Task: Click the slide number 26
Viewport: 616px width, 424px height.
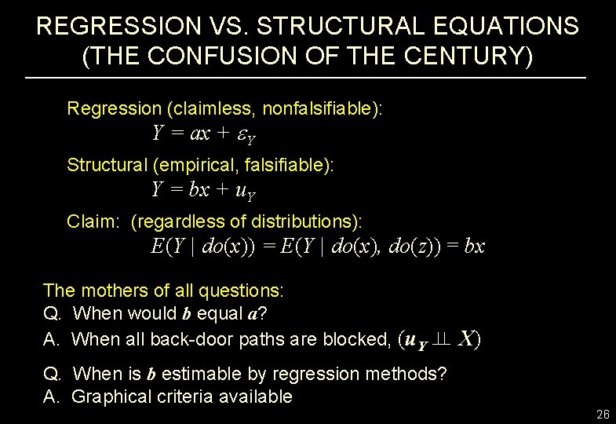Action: (x=603, y=413)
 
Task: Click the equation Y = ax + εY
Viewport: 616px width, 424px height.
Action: (x=204, y=134)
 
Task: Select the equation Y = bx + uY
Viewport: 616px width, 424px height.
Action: (x=204, y=190)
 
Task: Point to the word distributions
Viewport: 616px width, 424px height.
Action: (x=307, y=221)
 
